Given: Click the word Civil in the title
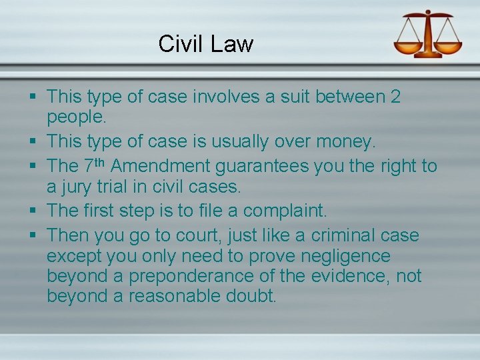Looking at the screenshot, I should [x=181, y=44].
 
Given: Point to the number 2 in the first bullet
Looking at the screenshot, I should [x=395, y=97].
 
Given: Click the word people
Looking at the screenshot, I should [x=76, y=118].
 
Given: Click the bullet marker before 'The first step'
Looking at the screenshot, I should [x=33, y=211].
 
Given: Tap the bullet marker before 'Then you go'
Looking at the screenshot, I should [x=33, y=235].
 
